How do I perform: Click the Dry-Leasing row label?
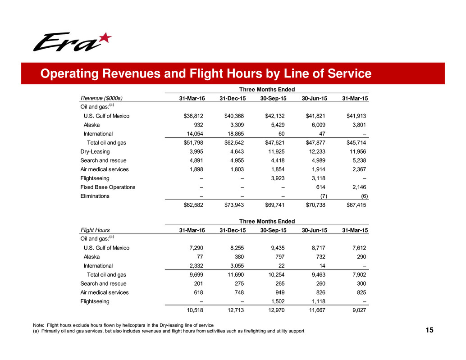coord(95,152)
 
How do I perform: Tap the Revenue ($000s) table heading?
coord(102,98)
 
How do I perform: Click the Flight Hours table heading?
coord(95,230)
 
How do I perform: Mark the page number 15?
coord(429,331)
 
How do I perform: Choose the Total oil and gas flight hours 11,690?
coord(234,274)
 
